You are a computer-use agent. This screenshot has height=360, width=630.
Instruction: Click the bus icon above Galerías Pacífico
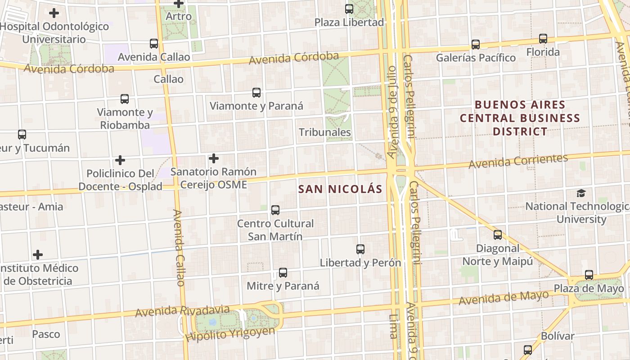point(476,44)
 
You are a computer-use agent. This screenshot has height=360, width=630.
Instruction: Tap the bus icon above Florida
point(543,39)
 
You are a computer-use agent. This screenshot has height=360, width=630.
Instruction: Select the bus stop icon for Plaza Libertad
point(349,9)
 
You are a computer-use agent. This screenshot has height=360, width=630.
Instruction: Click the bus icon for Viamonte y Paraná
point(256,93)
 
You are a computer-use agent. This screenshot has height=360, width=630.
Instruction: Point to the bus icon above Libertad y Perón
point(360,249)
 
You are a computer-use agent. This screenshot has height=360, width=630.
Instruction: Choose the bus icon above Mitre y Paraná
point(283,272)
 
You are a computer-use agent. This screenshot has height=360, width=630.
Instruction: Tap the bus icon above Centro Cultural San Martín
point(275,210)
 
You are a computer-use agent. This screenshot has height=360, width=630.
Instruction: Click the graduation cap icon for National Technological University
point(581,193)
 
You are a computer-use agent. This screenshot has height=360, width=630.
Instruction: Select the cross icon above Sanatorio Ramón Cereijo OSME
point(214,158)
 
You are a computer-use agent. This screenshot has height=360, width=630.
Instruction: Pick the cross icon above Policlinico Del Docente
point(120,160)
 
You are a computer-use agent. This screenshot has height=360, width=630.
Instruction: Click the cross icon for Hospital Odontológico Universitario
point(54,13)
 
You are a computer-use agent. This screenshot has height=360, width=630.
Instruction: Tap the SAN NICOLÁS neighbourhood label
point(340,189)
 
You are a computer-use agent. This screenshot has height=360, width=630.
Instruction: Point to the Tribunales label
point(325,132)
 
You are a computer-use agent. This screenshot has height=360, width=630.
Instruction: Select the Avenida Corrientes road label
point(518,161)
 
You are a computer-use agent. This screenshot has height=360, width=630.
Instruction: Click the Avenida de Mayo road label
point(504,297)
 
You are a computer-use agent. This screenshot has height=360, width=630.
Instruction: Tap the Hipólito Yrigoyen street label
point(230,334)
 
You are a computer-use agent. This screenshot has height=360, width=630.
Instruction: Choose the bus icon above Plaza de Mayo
point(589,274)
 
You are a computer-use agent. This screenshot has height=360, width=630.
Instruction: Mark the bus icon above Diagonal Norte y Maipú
point(498,234)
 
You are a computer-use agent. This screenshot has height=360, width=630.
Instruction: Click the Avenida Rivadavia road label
point(182,311)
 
